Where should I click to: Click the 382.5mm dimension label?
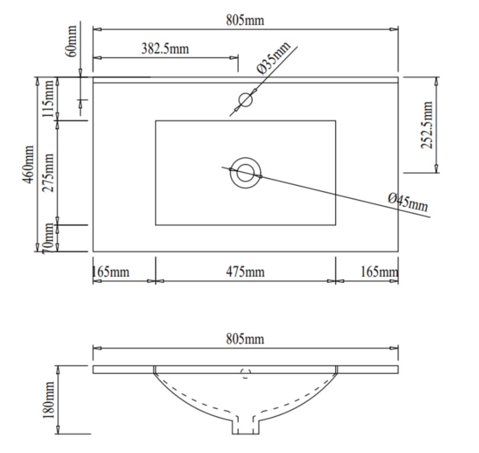[165, 49]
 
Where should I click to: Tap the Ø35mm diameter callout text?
[274, 58]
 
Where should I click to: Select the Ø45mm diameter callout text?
[408, 203]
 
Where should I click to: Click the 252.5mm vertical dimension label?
[427, 125]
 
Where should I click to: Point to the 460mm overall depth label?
[28, 165]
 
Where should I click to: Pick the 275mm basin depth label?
[48, 173]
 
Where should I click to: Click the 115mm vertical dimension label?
[48, 98]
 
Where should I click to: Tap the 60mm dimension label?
[71, 41]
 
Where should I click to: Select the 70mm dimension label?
[48, 238]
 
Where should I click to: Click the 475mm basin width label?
[245, 272]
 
